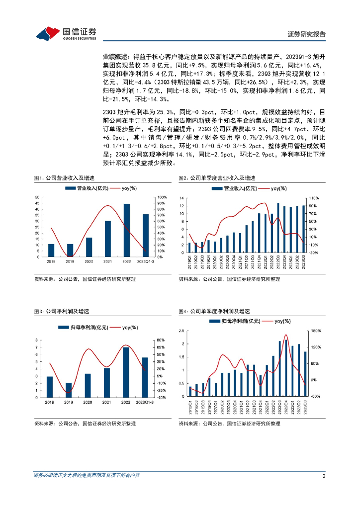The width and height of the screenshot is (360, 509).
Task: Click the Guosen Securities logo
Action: pyautogui.click(x=65, y=33)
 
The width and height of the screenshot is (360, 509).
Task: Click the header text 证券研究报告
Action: pyautogui.click(x=307, y=34)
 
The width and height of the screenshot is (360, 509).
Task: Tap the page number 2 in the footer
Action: pyautogui.click(x=324, y=476)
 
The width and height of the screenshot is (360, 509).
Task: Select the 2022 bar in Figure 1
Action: pyautogui.click(x=127, y=230)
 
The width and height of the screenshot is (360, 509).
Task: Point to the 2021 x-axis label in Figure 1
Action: pyautogui.click(x=108, y=261)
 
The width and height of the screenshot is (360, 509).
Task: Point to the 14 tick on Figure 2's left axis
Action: pyautogui.click(x=182, y=198)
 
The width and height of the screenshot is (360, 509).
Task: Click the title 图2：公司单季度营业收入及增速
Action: pyautogui.click(x=217, y=178)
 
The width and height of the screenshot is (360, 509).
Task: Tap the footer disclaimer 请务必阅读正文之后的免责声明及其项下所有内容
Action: pyautogui.click(x=87, y=476)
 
